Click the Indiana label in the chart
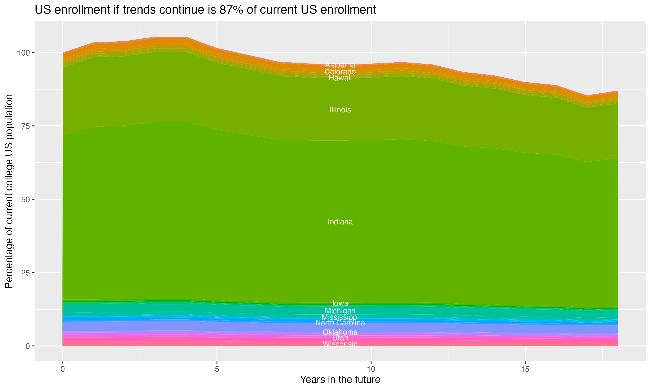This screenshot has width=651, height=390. (340, 222)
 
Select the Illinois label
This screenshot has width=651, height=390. (340, 110)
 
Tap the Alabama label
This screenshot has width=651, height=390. (340, 65)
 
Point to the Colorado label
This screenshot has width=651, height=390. (340, 72)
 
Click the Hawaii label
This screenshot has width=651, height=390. (340, 78)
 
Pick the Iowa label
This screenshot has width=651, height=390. (340, 303)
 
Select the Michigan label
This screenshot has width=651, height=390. (340, 311)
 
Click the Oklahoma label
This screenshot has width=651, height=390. (340, 332)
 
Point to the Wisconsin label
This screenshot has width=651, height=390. (340, 344)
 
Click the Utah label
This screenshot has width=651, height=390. (340, 338)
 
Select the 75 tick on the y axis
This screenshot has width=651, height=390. (25, 126)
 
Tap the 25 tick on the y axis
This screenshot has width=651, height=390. (25, 273)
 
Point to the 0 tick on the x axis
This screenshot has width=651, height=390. (63, 369)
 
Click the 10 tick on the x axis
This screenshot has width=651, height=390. (371, 369)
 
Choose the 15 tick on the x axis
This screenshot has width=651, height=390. (525, 369)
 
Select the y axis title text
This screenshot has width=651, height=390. (9, 191)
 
